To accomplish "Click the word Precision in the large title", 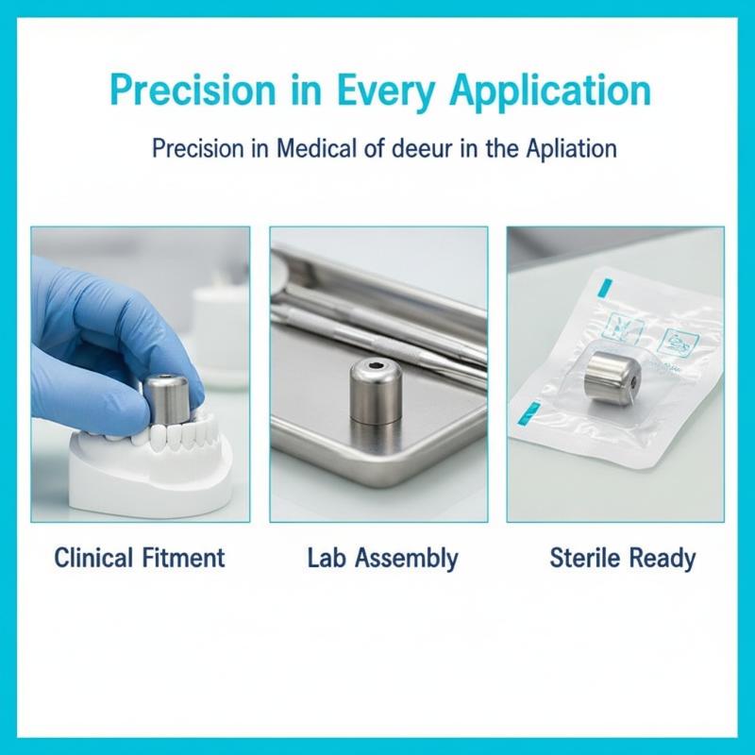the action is (193, 91).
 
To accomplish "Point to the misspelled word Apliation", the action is (572, 149).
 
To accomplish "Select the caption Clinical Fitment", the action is (139, 558).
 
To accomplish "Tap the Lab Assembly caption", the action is (383, 559).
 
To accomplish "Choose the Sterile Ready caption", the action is (623, 559).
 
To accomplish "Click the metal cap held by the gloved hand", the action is (167, 397).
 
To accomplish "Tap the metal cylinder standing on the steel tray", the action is (377, 391).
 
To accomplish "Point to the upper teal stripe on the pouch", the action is (606, 288).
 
